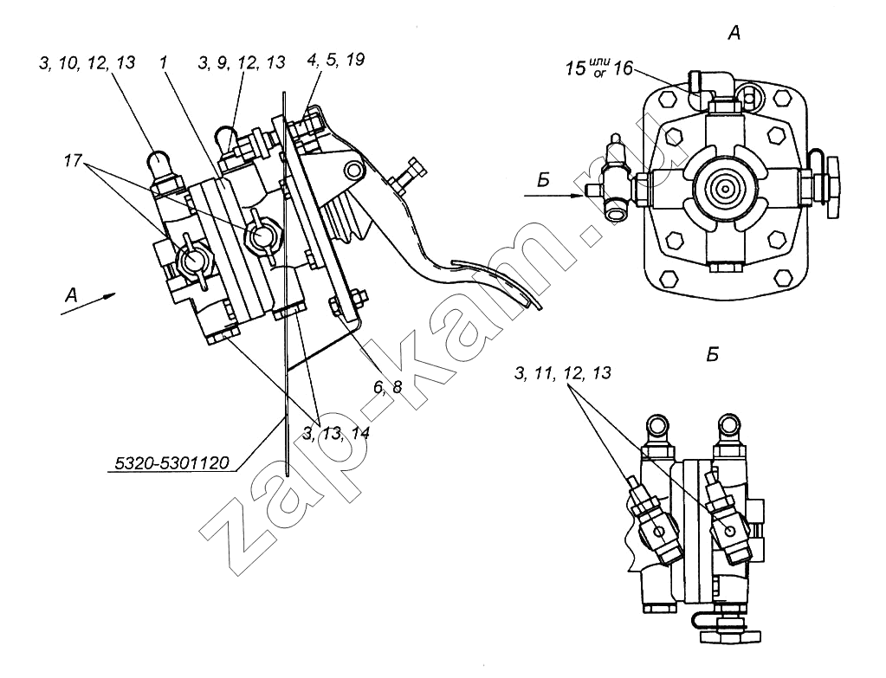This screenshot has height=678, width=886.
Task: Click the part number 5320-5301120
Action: click(x=172, y=463)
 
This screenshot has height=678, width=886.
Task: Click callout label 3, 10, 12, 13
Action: click(x=87, y=62)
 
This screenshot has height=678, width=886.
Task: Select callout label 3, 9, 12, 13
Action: click(x=242, y=61)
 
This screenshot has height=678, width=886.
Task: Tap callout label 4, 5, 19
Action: click(x=336, y=60)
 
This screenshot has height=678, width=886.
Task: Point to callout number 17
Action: click(x=74, y=161)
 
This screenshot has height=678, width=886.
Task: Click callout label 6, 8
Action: click(x=388, y=387)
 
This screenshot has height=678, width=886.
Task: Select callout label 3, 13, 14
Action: click(x=336, y=433)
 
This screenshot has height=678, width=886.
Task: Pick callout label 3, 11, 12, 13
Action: click(x=563, y=373)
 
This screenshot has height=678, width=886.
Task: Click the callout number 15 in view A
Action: click(x=576, y=69)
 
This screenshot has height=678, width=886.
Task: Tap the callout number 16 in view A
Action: click(x=622, y=69)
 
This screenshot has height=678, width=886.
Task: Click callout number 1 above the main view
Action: click(x=164, y=62)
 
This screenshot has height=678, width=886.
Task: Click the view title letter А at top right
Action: click(x=734, y=35)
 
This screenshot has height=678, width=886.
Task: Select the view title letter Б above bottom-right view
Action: click(x=712, y=355)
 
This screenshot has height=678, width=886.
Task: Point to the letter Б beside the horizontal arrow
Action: click(x=543, y=180)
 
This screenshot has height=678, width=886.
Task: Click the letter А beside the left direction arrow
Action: click(x=71, y=295)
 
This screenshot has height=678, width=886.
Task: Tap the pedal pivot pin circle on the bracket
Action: click(x=354, y=169)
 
